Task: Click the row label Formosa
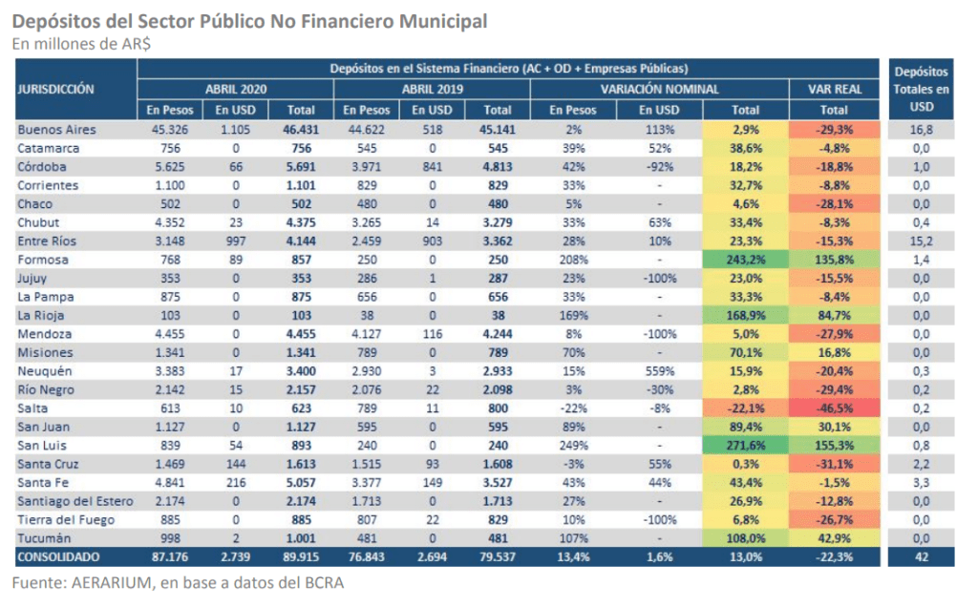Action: click(43, 260)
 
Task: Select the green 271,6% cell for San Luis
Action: click(745, 446)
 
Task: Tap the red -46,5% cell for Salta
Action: click(834, 408)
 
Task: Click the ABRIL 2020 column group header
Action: click(236, 89)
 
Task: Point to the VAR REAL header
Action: click(835, 89)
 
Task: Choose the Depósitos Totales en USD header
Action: click(921, 89)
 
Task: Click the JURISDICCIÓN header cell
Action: click(55, 89)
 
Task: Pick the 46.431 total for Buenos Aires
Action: click(301, 130)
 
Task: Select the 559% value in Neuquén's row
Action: click(659, 371)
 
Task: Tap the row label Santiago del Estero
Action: click(75, 501)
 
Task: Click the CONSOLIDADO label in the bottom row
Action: click(58, 557)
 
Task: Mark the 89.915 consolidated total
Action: click(301, 557)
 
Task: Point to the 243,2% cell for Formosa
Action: click(745, 260)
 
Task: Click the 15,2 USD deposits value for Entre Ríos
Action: click(922, 241)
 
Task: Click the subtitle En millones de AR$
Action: click(81, 44)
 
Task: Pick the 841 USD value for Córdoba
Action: click(433, 167)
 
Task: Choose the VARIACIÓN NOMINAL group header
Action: click(659, 89)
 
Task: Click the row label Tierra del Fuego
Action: click(66, 520)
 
